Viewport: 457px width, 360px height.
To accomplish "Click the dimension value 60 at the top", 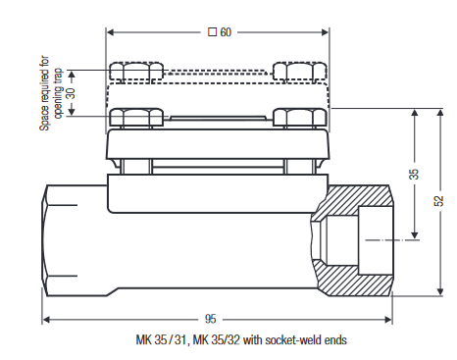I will [226, 32].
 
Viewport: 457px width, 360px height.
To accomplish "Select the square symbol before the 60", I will [211, 32].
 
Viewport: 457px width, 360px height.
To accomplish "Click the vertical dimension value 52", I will [438, 200].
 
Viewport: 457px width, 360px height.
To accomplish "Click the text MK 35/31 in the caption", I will [160, 340].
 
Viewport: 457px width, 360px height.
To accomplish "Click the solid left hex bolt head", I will [136, 118].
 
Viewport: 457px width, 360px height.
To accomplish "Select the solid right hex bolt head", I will [299, 118].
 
